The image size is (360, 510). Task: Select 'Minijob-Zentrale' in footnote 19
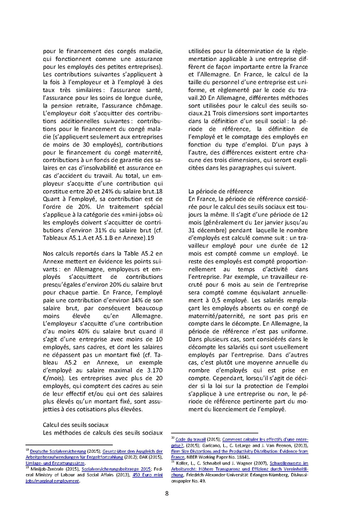point(46,470)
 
